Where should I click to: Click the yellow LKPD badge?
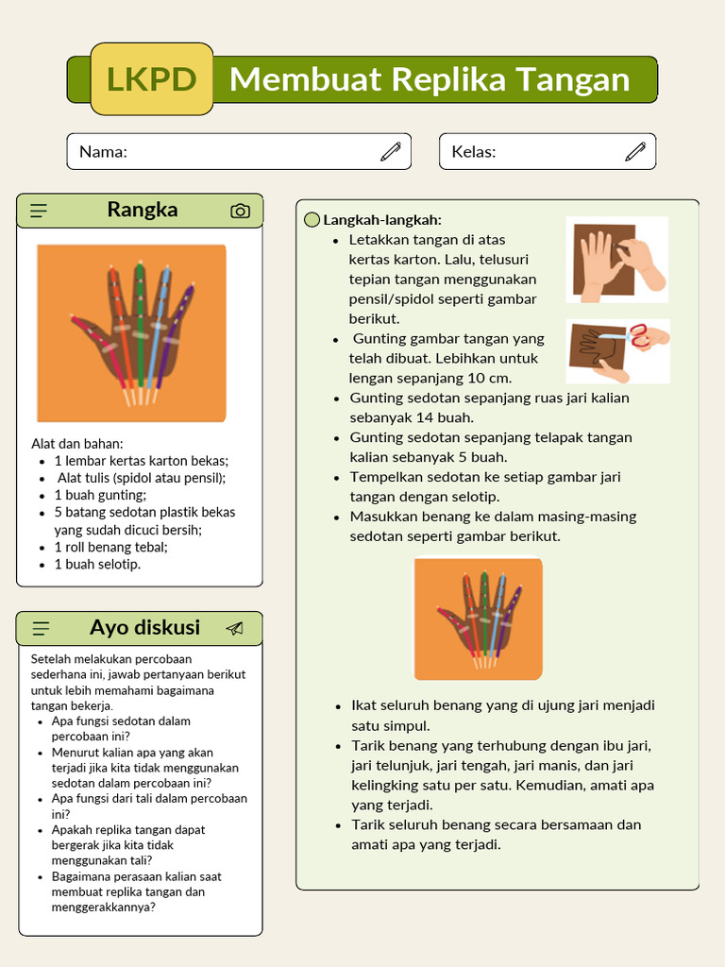pos(152,79)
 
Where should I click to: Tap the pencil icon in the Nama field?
pos(391,151)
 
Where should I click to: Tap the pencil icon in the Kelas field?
pos(635,151)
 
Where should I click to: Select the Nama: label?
pos(103,152)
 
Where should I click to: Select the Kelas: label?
pos(473,152)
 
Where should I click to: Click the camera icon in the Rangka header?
pos(241,211)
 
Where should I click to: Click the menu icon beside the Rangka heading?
pos(39,211)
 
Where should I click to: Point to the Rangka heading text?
pos(142,210)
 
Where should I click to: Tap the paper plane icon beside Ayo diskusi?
pos(234,628)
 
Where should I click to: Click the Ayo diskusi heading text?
pos(144,628)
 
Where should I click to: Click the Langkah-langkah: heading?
pos(382,220)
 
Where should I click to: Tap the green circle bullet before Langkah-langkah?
pos(312,220)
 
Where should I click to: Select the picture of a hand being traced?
pos(617,260)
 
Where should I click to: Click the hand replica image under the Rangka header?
pos(131,332)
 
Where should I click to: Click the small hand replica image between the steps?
pos(478,619)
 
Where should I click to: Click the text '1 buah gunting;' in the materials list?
pos(100,495)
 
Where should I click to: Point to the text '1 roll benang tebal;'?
pos(110,547)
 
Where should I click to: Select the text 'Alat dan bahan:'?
pos(77,444)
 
